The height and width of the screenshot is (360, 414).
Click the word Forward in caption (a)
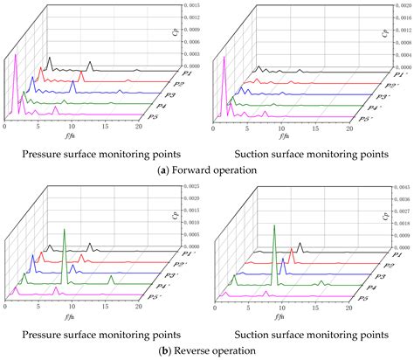point(190,170)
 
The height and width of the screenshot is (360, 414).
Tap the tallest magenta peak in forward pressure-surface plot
point(16,56)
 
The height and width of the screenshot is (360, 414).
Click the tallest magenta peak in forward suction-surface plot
point(224,58)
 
